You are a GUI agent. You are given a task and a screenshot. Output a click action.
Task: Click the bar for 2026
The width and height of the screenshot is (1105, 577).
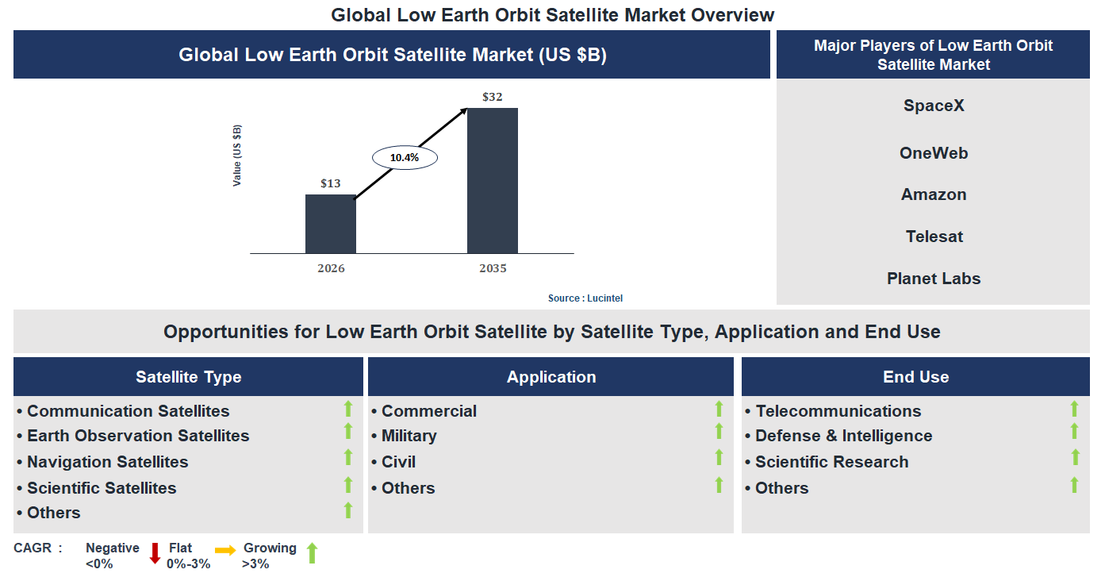pos(331,224)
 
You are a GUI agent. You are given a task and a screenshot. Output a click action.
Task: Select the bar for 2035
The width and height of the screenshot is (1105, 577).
pos(492,180)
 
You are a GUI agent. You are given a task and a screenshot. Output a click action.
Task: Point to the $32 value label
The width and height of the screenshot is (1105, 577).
pos(492,97)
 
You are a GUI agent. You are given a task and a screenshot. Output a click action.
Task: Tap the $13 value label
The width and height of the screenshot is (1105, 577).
pos(331,183)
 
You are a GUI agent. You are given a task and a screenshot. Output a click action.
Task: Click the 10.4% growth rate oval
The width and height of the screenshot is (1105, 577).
pos(405,157)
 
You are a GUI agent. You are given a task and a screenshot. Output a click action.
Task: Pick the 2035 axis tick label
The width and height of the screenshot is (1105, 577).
pos(492,268)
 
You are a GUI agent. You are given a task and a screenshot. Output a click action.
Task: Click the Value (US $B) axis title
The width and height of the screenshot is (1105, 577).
pos(237,156)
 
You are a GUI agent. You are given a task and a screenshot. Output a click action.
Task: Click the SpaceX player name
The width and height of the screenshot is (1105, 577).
pos(934,106)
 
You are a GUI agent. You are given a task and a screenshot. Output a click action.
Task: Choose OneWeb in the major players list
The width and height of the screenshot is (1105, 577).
pos(934,153)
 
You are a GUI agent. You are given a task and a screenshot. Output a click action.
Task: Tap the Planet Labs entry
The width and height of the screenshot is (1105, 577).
pos(934,279)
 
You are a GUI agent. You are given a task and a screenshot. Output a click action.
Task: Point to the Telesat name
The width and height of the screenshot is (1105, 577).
pos(934,237)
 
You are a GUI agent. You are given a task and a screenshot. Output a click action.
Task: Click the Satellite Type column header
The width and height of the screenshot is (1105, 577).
pos(189,377)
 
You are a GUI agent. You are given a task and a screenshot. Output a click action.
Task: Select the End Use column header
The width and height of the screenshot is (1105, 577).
pos(915,377)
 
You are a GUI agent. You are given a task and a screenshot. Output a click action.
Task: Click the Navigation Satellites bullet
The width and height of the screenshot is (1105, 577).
pos(107,462)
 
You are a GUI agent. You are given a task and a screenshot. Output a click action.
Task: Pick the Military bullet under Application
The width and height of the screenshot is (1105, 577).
pos(409,436)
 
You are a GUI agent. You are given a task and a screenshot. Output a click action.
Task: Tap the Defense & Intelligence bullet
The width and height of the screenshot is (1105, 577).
pos(843,436)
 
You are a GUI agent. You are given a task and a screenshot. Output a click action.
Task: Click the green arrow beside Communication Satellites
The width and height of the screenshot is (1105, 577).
pos(347,409)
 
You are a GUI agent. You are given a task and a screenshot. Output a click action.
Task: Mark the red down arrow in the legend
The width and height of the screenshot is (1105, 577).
pos(155,553)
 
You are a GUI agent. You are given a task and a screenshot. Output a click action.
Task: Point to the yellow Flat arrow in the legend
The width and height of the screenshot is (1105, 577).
pos(225,550)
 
